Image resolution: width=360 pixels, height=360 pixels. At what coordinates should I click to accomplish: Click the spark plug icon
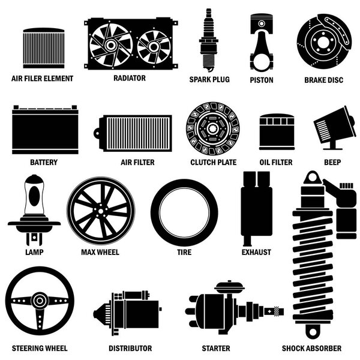click(208, 40)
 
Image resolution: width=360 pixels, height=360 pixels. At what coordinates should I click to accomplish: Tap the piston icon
click(262, 43)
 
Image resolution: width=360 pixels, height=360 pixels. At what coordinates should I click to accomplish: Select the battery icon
click(45, 130)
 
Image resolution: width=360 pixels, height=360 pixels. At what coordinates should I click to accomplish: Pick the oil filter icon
click(277, 132)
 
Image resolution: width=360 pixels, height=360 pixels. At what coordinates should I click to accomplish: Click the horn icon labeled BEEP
click(334, 128)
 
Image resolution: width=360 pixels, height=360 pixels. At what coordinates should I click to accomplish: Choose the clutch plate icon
click(213, 128)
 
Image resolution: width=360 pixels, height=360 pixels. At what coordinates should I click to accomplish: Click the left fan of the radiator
click(111, 45)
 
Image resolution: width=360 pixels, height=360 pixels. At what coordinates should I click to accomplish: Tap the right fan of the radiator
click(154, 47)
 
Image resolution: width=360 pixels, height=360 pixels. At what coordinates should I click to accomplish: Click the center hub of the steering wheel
click(40, 301)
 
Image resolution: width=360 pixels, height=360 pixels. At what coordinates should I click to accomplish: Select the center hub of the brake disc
click(323, 43)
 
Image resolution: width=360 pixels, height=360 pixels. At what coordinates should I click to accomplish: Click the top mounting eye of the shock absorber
click(312, 178)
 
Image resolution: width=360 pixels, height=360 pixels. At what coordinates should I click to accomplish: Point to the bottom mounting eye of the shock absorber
click(313, 331)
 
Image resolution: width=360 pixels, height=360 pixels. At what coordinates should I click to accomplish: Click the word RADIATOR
click(130, 78)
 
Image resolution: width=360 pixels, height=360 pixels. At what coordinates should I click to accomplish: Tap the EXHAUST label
click(256, 252)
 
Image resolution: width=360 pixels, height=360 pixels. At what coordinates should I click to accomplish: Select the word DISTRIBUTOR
click(130, 348)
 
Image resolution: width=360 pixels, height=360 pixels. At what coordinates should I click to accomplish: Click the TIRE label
click(184, 252)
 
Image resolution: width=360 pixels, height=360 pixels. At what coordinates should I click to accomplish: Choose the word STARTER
click(216, 348)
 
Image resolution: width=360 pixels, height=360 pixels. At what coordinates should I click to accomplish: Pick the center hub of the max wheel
click(101, 211)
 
